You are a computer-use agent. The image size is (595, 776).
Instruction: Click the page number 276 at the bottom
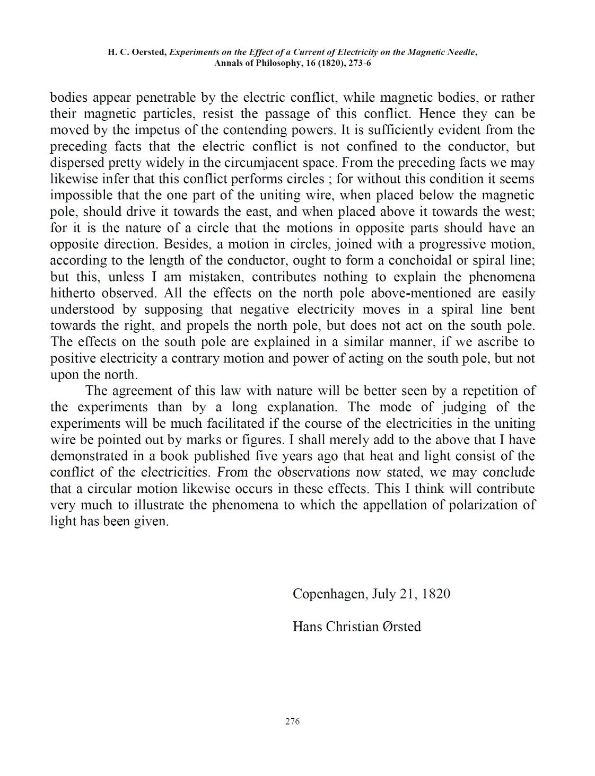292,721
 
